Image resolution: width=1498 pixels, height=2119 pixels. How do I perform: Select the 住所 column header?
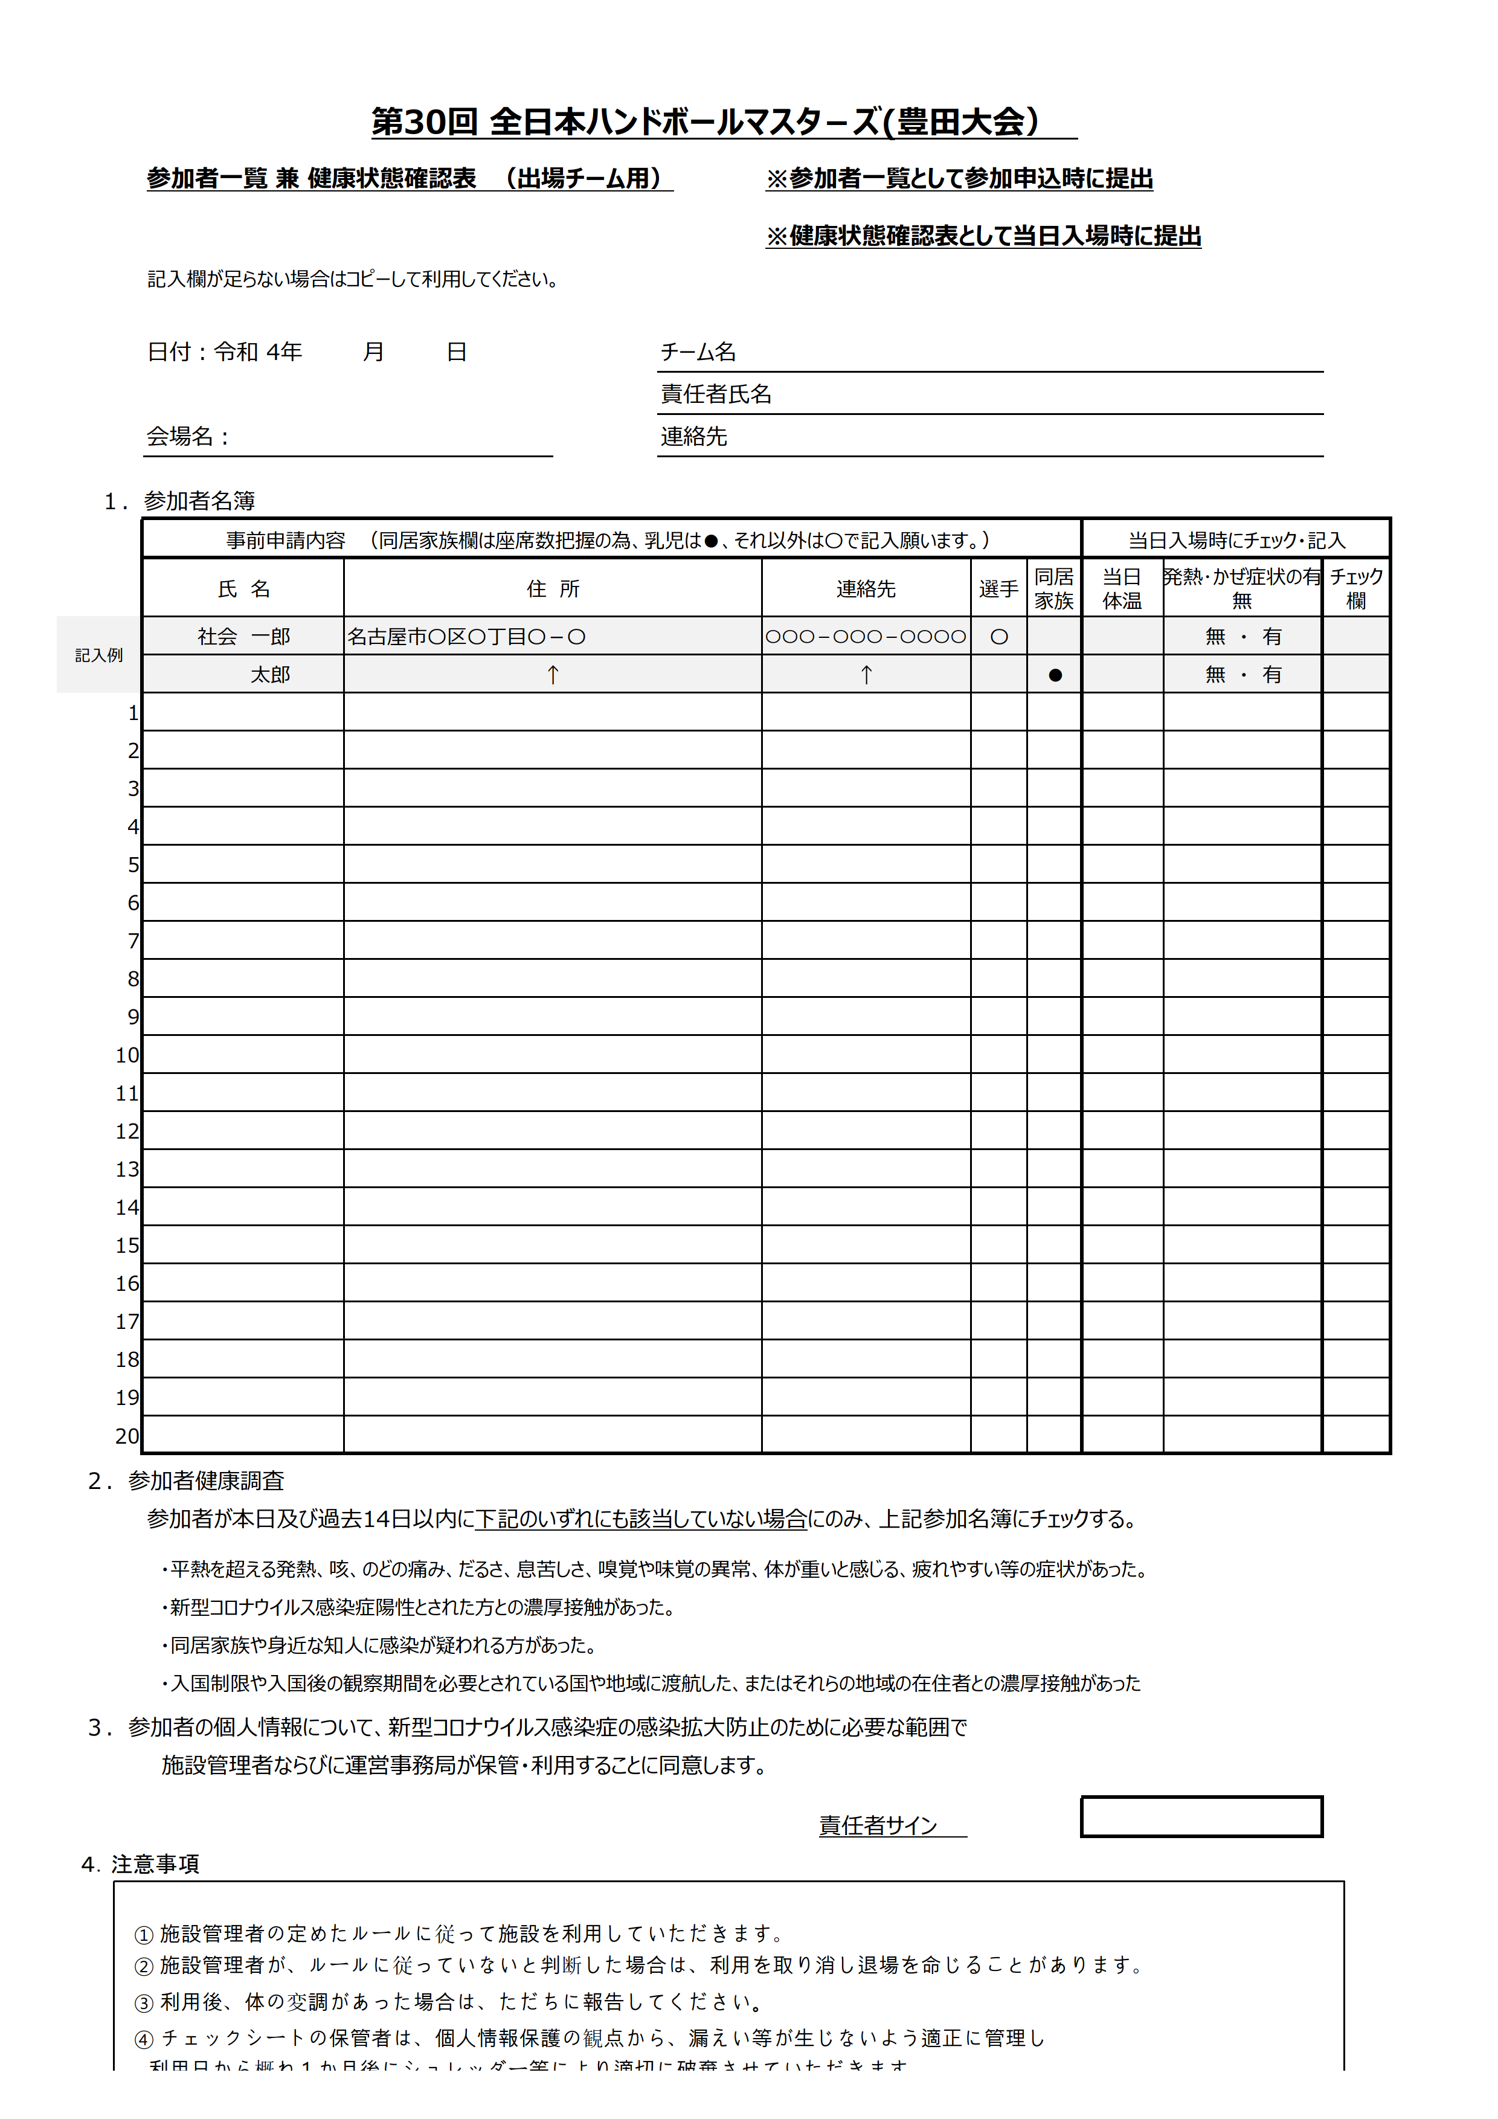[x=552, y=589]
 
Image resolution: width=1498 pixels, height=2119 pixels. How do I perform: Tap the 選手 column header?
[x=998, y=589]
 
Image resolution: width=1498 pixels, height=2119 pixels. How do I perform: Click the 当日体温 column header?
[x=1122, y=589]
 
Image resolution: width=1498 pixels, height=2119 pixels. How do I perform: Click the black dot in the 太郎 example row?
[x=1055, y=675]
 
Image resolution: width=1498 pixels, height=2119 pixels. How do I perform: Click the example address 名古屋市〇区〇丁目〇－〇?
[x=466, y=636]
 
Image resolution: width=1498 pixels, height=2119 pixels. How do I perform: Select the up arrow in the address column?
[x=552, y=675]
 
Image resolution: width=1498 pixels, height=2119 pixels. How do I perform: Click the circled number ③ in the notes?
[x=144, y=2002]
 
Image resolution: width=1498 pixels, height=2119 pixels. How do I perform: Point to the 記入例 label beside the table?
[x=98, y=655]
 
